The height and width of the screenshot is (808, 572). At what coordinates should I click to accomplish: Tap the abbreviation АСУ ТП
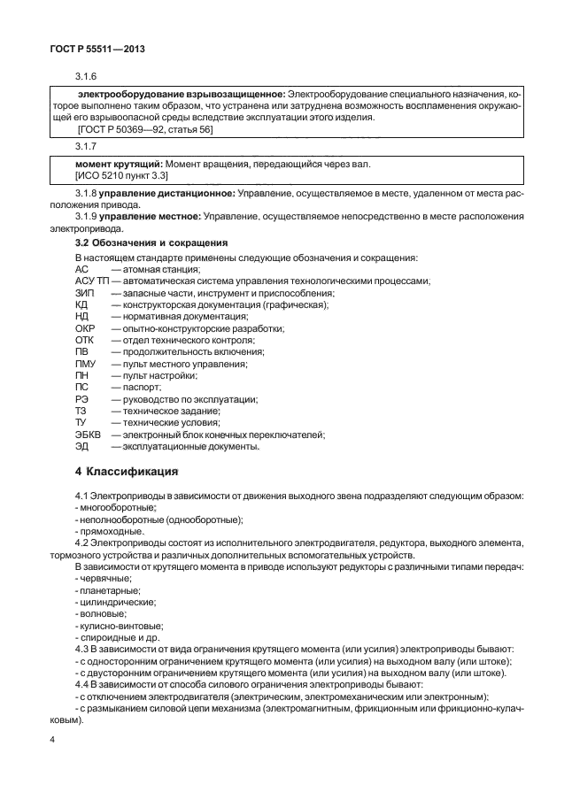click(92, 281)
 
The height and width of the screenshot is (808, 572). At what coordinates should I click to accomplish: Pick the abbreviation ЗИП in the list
click(85, 293)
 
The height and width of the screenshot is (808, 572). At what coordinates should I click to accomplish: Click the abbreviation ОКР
click(86, 328)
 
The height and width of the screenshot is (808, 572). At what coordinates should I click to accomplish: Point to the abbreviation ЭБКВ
click(89, 435)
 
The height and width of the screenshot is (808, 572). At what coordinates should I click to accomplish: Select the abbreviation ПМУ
click(86, 364)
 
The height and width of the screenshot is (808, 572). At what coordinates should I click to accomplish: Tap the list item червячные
click(104, 577)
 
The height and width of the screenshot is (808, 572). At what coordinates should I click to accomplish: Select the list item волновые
click(102, 613)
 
